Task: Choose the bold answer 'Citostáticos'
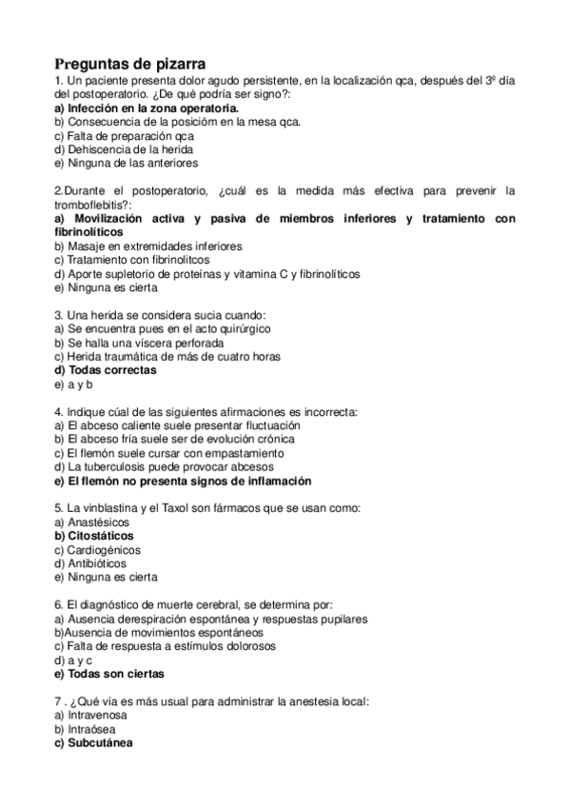tap(100, 536)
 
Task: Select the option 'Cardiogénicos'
tap(103, 550)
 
